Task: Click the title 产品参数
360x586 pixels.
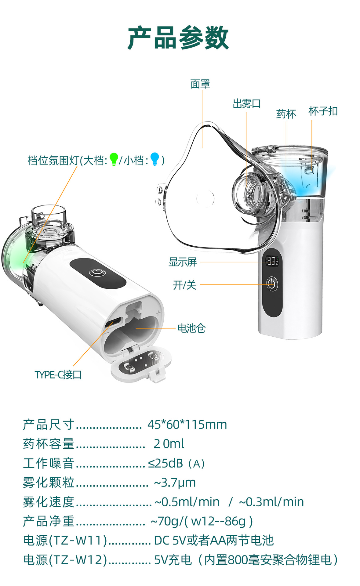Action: [x=178, y=38]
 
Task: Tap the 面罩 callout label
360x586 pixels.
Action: [x=200, y=84]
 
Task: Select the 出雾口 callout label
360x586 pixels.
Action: [x=246, y=104]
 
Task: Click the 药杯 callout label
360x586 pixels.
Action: [x=286, y=114]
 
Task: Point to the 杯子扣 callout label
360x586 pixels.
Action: [x=323, y=111]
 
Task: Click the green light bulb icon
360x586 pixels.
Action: [x=114, y=159]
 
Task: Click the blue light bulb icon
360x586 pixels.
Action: [x=155, y=159]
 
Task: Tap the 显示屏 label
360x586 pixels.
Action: [x=183, y=262]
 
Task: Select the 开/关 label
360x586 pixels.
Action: [x=184, y=285]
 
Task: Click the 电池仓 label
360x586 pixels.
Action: [x=191, y=328]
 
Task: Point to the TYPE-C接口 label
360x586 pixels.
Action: [x=58, y=374]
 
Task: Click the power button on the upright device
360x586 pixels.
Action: [x=272, y=284]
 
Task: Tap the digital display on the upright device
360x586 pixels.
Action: [x=272, y=261]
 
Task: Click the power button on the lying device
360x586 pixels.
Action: [x=97, y=273]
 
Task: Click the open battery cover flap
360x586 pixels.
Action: [x=141, y=365]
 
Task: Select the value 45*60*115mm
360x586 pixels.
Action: [x=187, y=425]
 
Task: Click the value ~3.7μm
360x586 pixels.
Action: [x=175, y=483]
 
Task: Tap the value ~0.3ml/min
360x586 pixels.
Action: [x=271, y=502]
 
